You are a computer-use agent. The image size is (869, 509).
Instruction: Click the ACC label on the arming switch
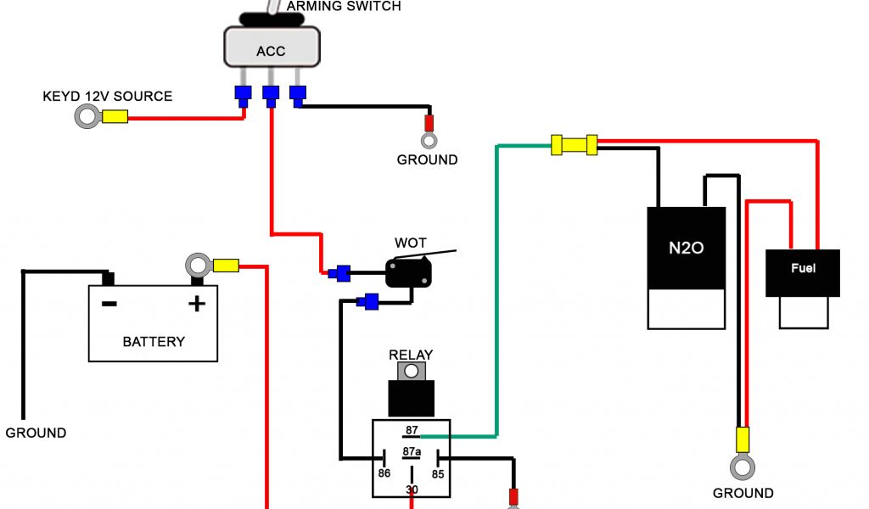tap(271, 52)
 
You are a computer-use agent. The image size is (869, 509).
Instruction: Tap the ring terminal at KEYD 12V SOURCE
tap(87, 117)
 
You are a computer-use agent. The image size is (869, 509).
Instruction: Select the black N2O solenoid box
tap(687, 248)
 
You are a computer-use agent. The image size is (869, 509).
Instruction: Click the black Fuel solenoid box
tap(802, 272)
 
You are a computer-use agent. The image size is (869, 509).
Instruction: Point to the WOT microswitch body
tap(409, 273)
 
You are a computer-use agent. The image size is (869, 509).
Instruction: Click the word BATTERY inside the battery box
tap(154, 342)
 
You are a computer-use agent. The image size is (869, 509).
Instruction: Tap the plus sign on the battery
tap(197, 303)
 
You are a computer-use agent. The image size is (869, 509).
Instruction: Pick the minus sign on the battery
tap(109, 303)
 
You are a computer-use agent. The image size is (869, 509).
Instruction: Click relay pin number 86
tap(384, 473)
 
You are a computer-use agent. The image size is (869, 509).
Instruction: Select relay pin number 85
tap(438, 473)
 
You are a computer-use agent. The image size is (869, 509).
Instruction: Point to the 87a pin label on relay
tap(412, 451)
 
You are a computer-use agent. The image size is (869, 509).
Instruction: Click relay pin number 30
tap(412, 489)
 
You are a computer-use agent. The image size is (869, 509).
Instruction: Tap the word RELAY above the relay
tap(411, 355)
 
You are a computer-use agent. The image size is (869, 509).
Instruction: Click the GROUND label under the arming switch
tap(427, 159)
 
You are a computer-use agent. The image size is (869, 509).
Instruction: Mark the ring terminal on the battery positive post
tap(197, 265)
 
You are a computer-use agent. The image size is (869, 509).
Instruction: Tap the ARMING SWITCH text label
tap(344, 6)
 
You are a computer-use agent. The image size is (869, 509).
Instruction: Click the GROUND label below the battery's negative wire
tap(36, 433)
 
